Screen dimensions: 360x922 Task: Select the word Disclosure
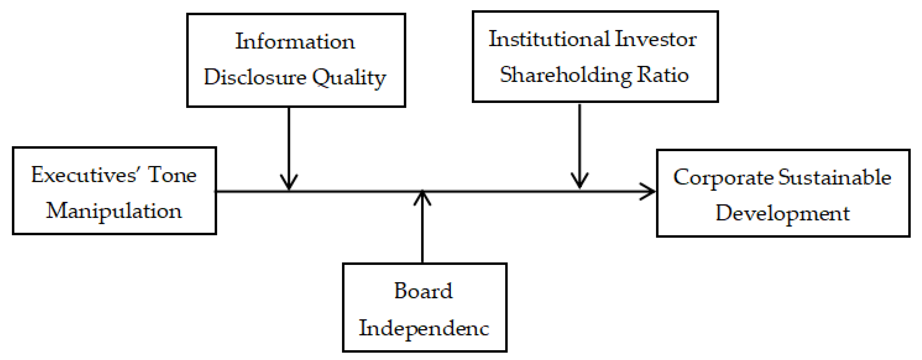[255, 77]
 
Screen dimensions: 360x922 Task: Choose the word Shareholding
[566, 75]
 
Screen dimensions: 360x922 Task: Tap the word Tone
[172, 175]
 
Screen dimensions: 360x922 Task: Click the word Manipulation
[114, 211]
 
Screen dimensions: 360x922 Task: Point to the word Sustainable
[835, 177]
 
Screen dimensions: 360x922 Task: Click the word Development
[782, 213]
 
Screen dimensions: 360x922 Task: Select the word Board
[423, 290]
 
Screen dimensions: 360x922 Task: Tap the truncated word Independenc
[424, 328]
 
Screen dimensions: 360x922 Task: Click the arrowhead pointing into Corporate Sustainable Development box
[650, 191]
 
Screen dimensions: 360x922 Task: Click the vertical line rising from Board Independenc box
[422, 232]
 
